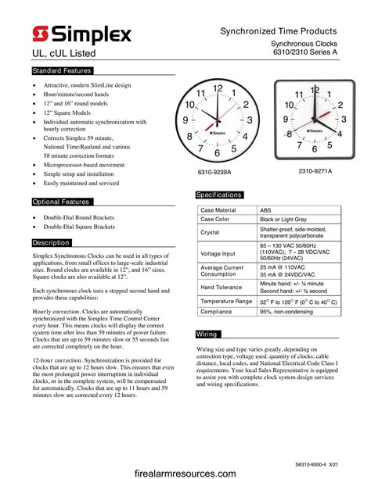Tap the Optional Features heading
[x=61, y=202]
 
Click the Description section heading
[x=52, y=243]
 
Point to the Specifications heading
[x=219, y=195]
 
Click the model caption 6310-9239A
[x=214, y=171]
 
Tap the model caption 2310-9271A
[x=315, y=170]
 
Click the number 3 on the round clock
[x=249, y=120]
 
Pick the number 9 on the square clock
[x=285, y=120]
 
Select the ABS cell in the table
[x=267, y=210]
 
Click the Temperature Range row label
[x=226, y=301]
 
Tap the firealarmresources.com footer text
[x=185, y=473]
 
